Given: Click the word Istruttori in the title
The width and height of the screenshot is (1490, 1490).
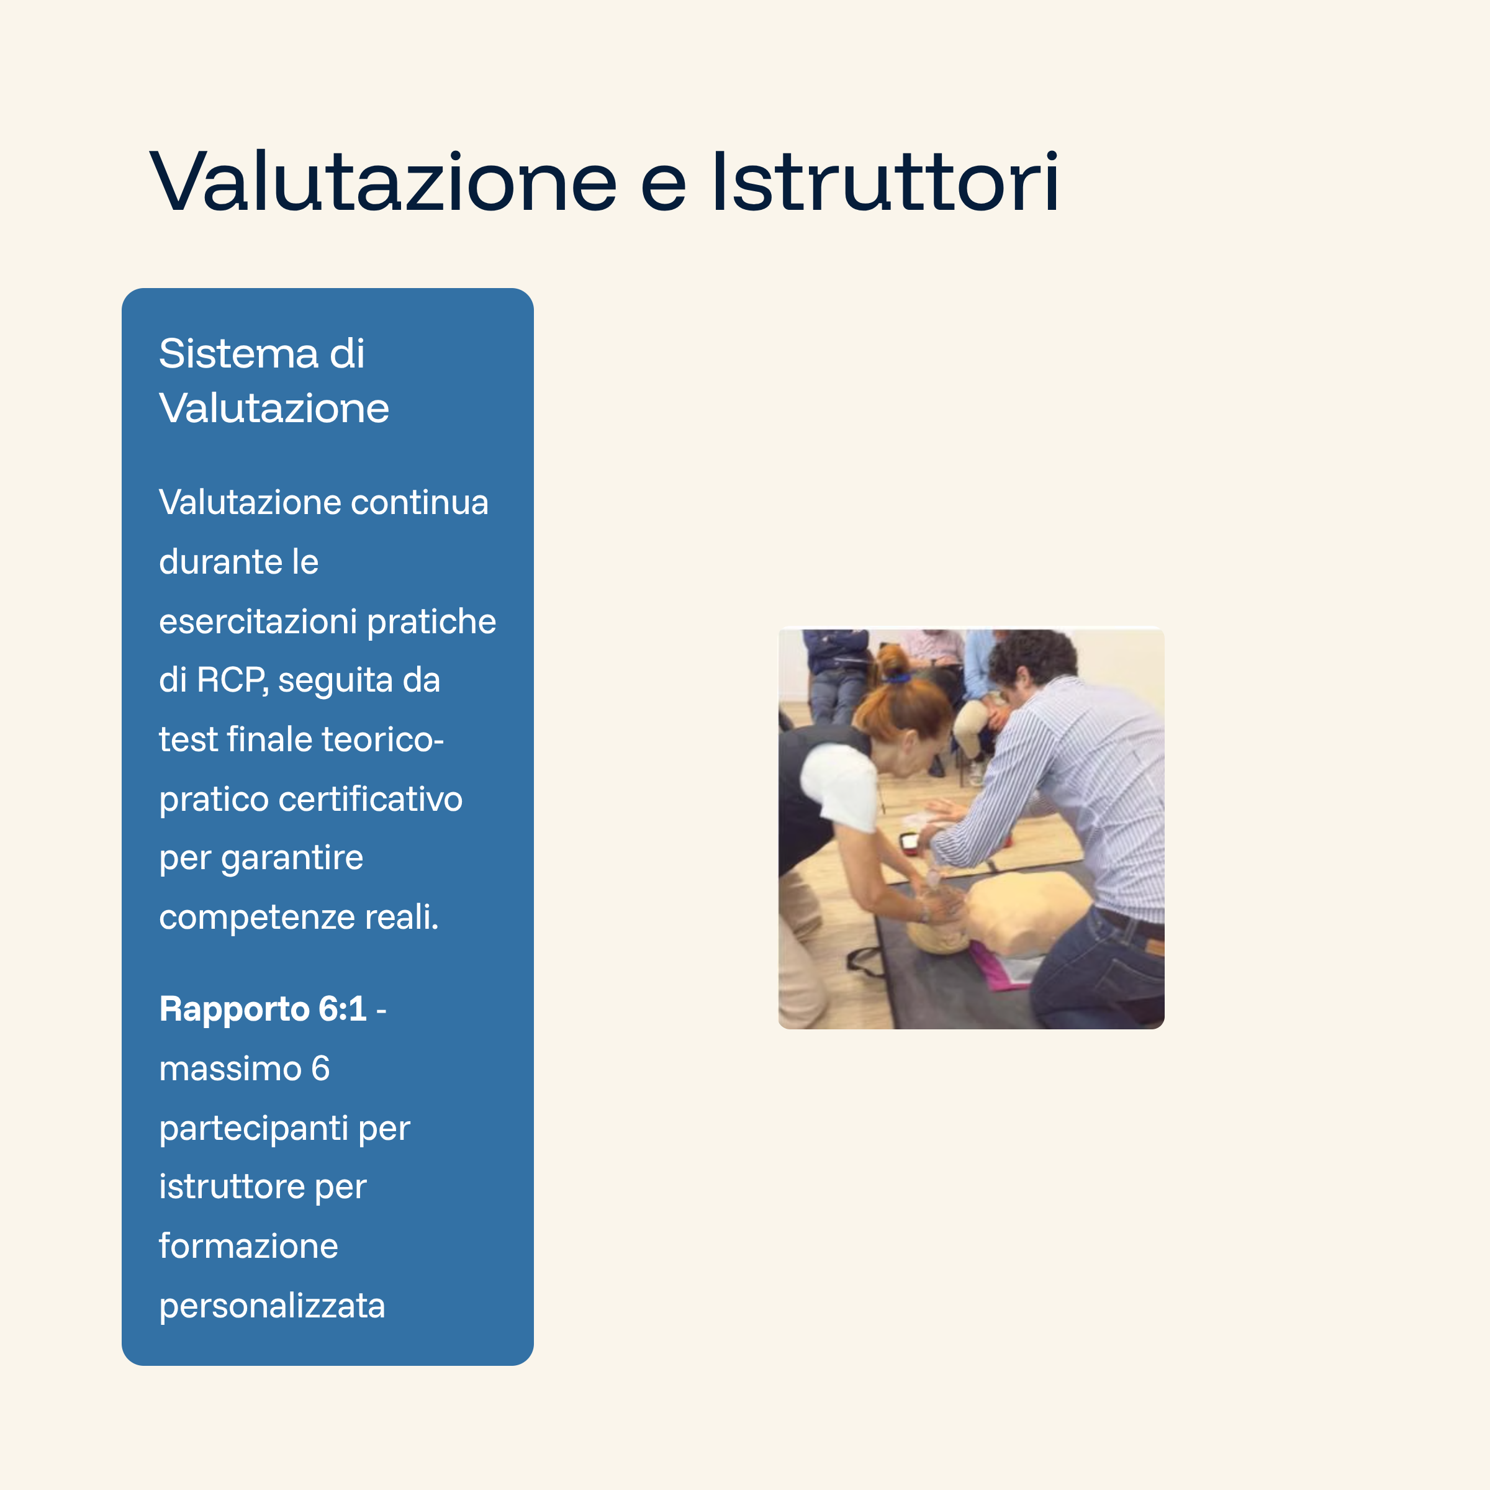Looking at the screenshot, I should point(885,182).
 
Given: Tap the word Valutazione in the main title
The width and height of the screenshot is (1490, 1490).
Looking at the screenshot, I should point(383,182).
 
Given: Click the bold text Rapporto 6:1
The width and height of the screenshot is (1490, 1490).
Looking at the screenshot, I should point(262,1009).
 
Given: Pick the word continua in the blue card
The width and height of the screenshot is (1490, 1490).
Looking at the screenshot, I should point(420,503).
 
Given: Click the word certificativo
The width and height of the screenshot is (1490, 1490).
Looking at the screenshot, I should point(370,799).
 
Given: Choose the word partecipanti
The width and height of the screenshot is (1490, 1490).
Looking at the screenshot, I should point(253,1128).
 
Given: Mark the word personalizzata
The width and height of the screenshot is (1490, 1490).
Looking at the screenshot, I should point(271,1306).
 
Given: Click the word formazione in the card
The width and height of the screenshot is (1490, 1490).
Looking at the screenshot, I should point(248,1246).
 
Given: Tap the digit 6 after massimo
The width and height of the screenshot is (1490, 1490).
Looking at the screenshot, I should point(320,1069).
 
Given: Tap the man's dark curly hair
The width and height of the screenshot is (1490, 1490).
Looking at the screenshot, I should point(1034,656).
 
